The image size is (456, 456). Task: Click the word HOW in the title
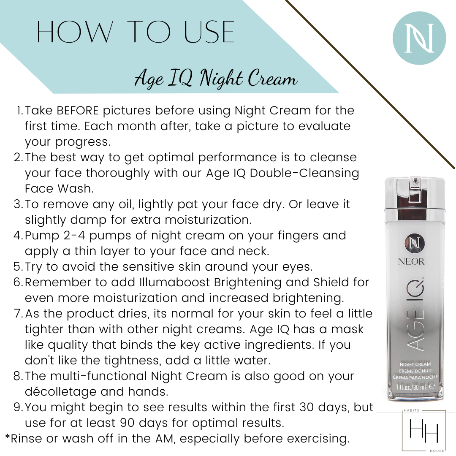(x=74, y=32)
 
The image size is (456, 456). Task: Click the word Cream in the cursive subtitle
(x=272, y=78)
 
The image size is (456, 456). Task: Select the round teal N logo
(x=419, y=38)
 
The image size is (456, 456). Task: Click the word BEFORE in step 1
(x=78, y=111)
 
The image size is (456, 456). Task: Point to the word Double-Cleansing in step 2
(x=304, y=173)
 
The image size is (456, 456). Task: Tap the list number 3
(x=18, y=204)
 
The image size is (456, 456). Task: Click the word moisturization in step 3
(x=208, y=220)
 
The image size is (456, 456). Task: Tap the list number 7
(x=18, y=314)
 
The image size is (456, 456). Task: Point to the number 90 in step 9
(x=127, y=423)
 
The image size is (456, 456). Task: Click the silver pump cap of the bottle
(x=415, y=193)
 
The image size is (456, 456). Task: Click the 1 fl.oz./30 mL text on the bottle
(x=412, y=387)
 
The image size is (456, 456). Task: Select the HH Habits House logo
(x=424, y=430)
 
